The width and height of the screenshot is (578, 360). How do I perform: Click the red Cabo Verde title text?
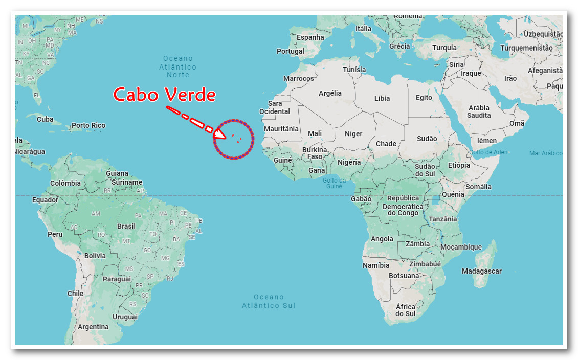(164, 95)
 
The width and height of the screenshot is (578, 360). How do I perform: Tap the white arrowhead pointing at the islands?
(219, 134)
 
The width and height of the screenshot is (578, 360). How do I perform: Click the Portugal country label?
(290, 51)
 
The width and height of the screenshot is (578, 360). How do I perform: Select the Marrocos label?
(299, 79)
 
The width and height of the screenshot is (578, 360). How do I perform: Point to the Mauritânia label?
(281, 129)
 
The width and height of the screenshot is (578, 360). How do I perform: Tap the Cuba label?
(45, 119)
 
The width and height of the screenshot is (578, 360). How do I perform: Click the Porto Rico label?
(88, 125)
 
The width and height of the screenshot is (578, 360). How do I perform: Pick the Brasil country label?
(126, 226)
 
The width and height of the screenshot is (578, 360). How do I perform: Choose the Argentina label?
(93, 327)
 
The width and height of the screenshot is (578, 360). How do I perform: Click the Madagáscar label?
(481, 271)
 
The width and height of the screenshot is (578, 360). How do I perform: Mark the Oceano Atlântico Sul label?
(269, 301)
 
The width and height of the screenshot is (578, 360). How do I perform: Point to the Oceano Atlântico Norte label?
(177, 66)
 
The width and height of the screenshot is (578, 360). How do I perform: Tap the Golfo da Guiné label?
(335, 183)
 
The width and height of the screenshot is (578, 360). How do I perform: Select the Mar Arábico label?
(545, 153)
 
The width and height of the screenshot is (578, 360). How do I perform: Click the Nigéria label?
(349, 162)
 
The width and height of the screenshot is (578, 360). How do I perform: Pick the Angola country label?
(382, 239)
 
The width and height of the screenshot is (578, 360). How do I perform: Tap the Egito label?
(424, 97)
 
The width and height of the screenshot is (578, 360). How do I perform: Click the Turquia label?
(444, 48)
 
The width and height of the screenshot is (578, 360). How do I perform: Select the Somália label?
(479, 187)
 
